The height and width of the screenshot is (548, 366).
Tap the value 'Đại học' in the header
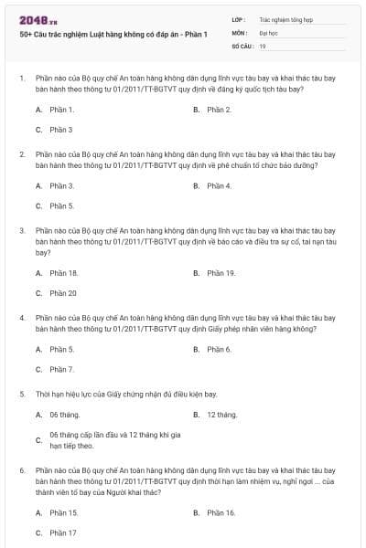click(x=268, y=32)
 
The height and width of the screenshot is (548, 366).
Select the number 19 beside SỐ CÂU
click(x=263, y=45)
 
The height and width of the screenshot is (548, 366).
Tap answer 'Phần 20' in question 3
click(x=63, y=292)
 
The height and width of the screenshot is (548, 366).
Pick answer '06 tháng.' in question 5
click(x=64, y=415)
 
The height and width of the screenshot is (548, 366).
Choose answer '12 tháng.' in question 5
click(x=222, y=415)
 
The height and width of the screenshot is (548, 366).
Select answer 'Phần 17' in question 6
click(x=63, y=532)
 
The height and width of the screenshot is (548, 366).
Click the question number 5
click(x=22, y=394)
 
